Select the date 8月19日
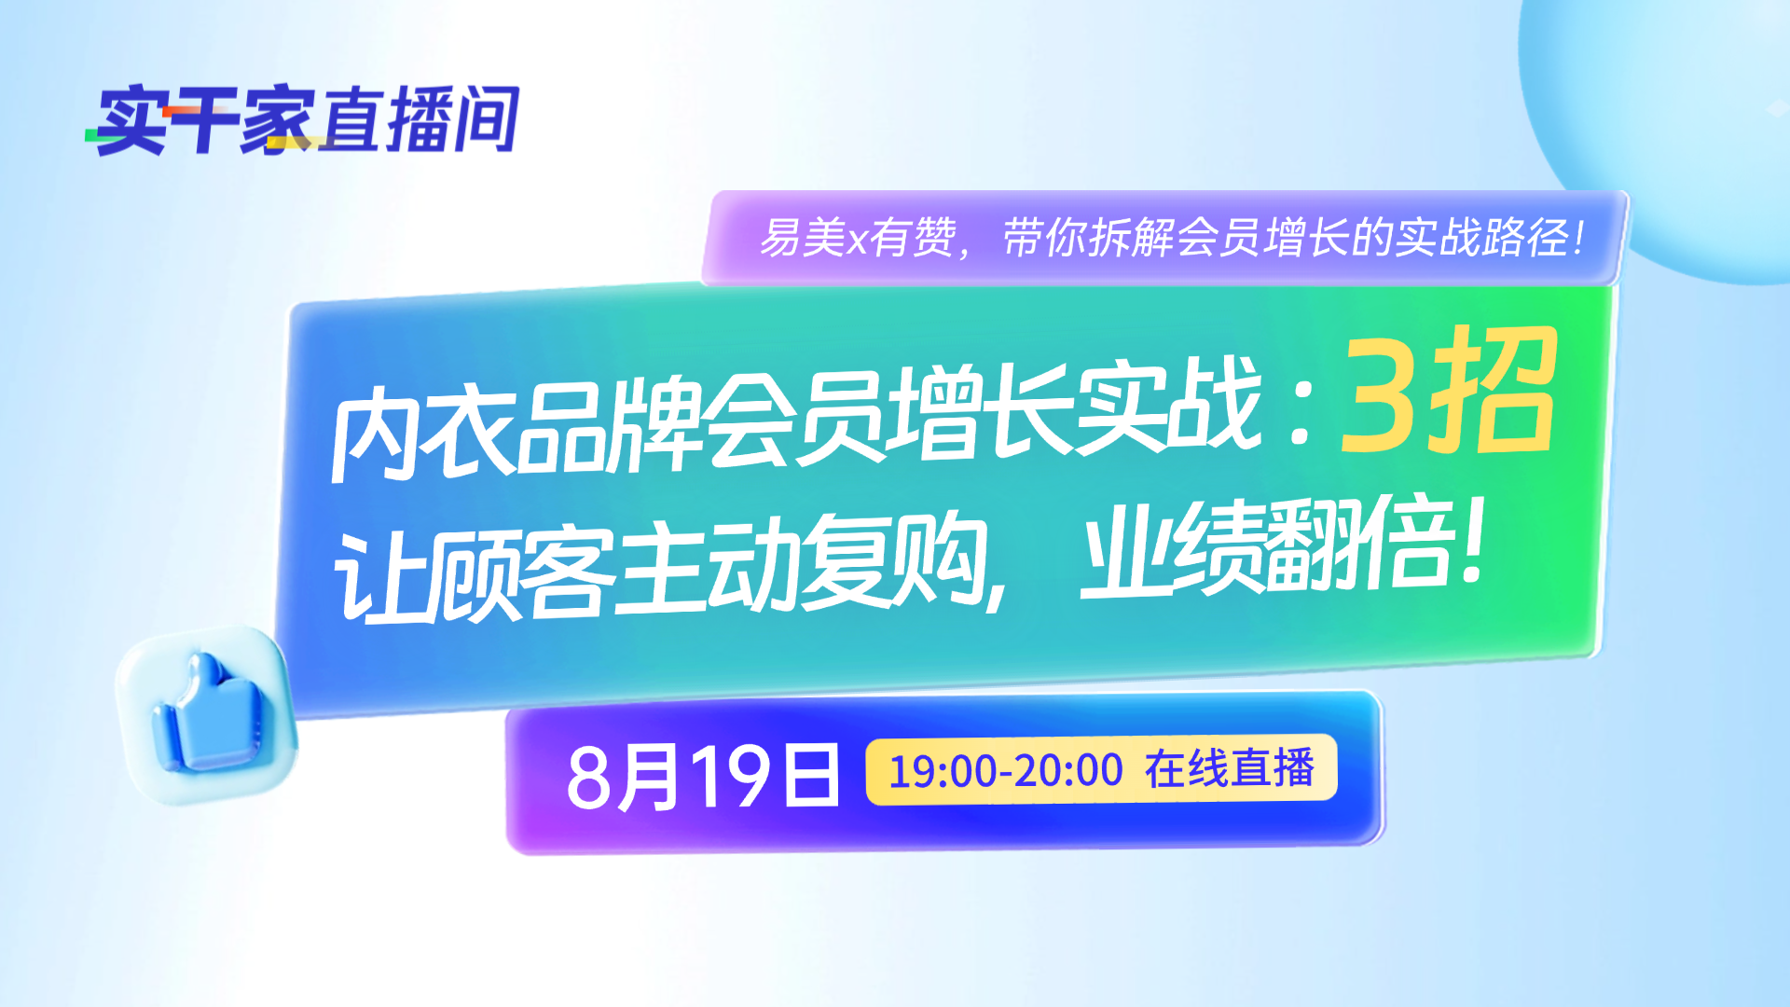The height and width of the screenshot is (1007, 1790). click(703, 776)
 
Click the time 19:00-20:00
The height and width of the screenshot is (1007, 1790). click(1006, 771)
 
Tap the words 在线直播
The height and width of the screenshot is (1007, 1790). click(1230, 769)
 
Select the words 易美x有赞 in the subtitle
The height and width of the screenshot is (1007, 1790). click(858, 237)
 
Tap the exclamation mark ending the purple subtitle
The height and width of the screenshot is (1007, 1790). click(1578, 237)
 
